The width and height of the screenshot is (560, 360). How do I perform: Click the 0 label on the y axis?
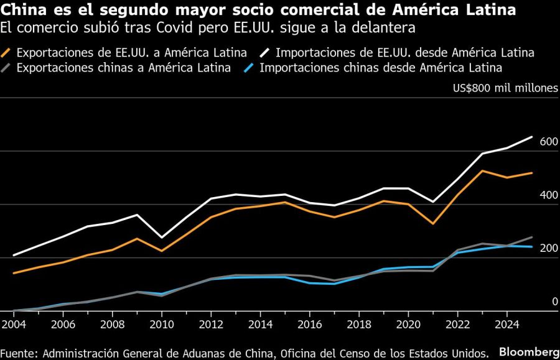(555, 302)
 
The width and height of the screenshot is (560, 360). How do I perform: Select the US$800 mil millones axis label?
(505, 88)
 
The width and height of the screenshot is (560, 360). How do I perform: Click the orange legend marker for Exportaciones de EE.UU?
(7, 53)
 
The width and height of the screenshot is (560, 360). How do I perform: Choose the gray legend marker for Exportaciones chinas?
(7, 68)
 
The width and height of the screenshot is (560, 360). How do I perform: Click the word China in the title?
(20, 11)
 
